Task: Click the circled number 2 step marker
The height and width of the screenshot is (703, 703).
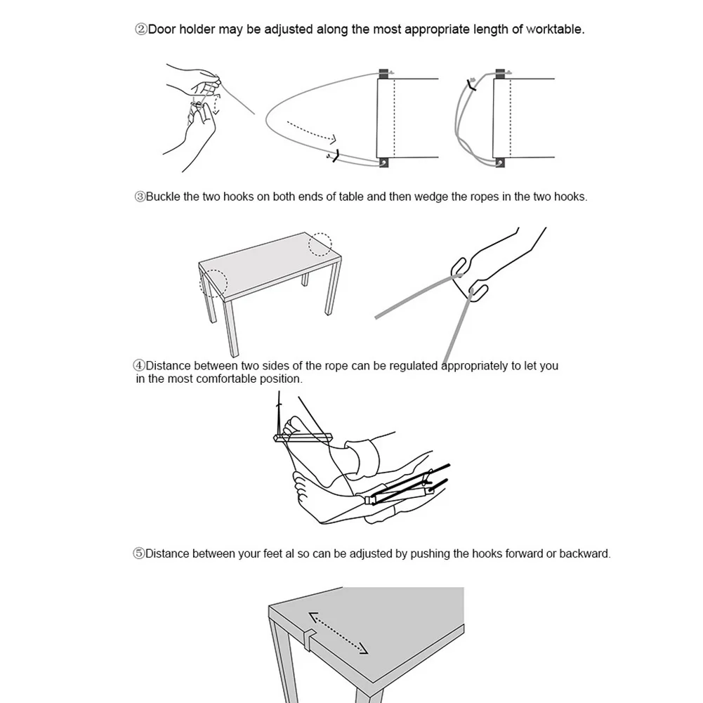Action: click(141, 29)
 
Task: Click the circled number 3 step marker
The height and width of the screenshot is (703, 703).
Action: click(140, 197)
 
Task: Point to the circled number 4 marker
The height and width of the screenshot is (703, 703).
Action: click(139, 366)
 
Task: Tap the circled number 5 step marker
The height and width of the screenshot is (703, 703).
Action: click(139, 553)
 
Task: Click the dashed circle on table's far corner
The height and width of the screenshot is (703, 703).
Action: click(320, 244)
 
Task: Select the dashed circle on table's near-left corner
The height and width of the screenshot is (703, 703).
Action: click(213, 283)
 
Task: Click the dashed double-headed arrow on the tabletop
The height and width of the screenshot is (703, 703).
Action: click(339, 633)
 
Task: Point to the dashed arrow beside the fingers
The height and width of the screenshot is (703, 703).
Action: click(216, 104)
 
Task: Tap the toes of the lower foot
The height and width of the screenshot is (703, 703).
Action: click(301, 490)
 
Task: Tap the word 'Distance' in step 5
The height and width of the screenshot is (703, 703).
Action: click(167, 553)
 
